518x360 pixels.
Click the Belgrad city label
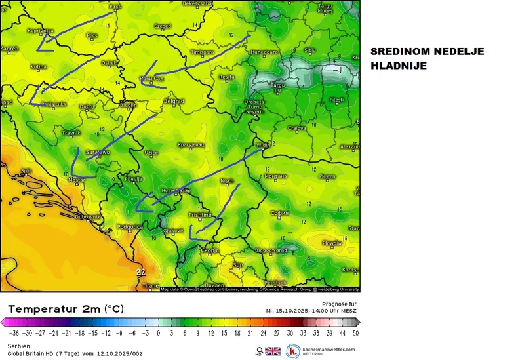point(174,102)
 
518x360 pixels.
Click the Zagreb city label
point(9,48)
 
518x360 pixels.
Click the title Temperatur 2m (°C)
point(65,308)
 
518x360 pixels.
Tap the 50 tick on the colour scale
point(355,333)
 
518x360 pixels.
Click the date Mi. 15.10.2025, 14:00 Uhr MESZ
point(311,310)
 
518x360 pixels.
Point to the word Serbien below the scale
point(18,345)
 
